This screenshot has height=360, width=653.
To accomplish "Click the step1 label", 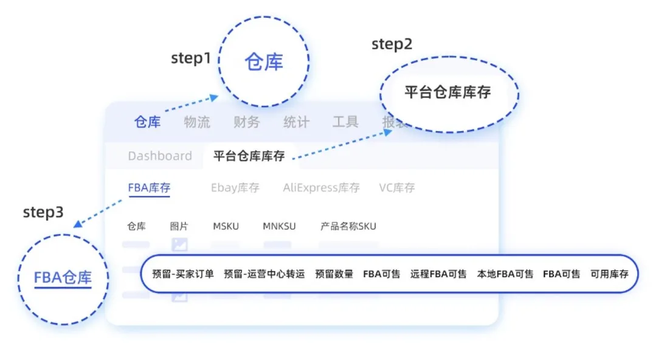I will pyautogui.click(x=190, y=58).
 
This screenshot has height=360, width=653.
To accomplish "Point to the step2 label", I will pyautogui.click(x=392, y=44).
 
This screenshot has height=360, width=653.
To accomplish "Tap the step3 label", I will pyautogui.click(x=43, y=212).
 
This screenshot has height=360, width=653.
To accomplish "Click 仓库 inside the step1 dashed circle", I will pyautogui.click(x=264, y=62).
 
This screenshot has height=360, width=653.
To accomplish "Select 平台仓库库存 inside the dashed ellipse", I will pyautogui.click(x=447, y=92).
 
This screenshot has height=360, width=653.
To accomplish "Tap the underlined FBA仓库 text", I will pyautogui.click(x=63, y=279).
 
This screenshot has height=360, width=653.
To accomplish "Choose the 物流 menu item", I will pyautogui.click(x=197, y=122).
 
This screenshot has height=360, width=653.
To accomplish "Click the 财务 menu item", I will pyautogui.click(x=246, y=122).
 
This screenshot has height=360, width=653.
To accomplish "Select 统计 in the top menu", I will pyautogui.click(x=296, y=122).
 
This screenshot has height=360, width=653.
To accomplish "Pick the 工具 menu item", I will pyautogui.click(x=345, y=122).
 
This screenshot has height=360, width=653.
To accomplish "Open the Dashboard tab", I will pyautogui.click(x=159, y=156).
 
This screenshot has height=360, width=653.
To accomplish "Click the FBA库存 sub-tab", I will pyautogui.click(x=148, y=188).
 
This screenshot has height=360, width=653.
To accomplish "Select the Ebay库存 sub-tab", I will pyautogui.click(x=235, y=188).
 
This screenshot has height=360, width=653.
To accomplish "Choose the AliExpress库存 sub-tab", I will pyautogui.click(x=321, y=188).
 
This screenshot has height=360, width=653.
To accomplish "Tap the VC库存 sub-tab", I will pyautogui.click(x=396, y=188).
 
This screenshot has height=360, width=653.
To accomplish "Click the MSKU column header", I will pyautogui.click(x=226, y=226).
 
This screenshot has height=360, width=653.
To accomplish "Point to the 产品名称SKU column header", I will pyautogui.click(x=348, y=226).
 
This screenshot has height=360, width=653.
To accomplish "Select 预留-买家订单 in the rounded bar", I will pyautogui.click(x=182, y=274).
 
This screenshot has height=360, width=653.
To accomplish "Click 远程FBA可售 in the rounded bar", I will pyautogui.click(x=438, y=274).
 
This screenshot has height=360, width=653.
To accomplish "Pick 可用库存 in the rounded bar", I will pyautogui.click(x=609, y=274).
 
